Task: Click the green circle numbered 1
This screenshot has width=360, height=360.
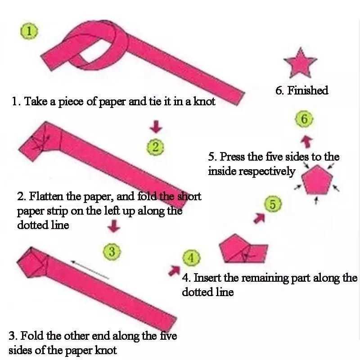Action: pos(29,31)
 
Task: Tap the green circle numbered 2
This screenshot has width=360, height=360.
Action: pos(155,147)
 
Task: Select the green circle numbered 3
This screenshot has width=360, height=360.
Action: pos(112,251)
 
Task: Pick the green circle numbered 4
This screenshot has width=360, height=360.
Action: pos(191,258)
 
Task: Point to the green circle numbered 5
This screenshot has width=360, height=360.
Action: pos(273,204)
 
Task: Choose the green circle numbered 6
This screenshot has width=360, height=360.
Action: pos(304,119)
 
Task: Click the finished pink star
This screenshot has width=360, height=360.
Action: pos(300,63)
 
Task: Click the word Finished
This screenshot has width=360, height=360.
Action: pos(308,90)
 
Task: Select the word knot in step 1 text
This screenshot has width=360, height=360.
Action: pos(204,101)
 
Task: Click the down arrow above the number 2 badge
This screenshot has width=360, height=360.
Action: pos(156,126)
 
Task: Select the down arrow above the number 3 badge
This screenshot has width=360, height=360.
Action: pos(114,226)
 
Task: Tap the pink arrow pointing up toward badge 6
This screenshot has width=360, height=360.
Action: pos(307,141)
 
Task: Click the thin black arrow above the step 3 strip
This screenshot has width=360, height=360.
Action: pos(90,270)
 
